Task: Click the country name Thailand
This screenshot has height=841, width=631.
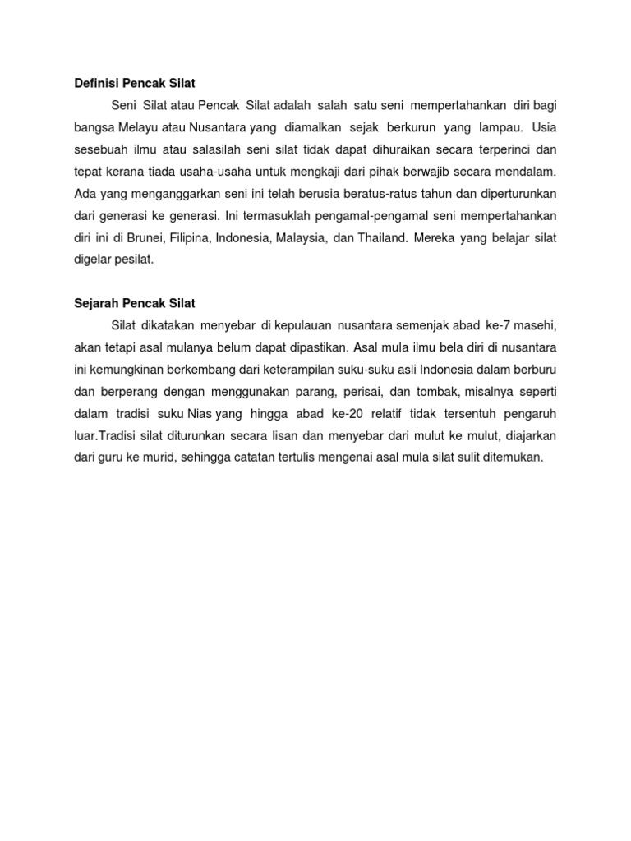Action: [x=382, y=237]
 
